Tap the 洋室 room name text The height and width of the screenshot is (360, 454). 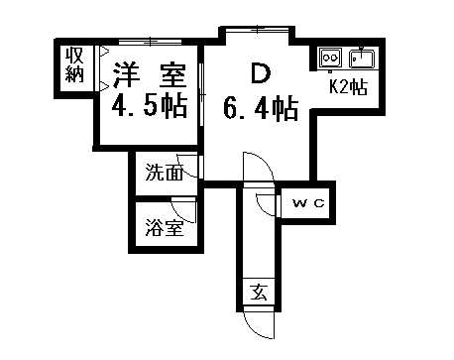click(x=149, y=74)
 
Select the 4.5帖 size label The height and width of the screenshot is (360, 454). click(x=149, y=106)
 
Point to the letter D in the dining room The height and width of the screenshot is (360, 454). click(x=260, y=73)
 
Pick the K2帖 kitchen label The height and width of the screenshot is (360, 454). click(x=348, y=86)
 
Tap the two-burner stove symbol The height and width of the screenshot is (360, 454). click(x=330, y=58)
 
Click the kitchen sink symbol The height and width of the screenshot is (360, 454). click(x=360, y=57)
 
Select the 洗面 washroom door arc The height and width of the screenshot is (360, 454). click(x=188, y=165)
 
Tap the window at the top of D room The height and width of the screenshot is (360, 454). click(x=256, y=33)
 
